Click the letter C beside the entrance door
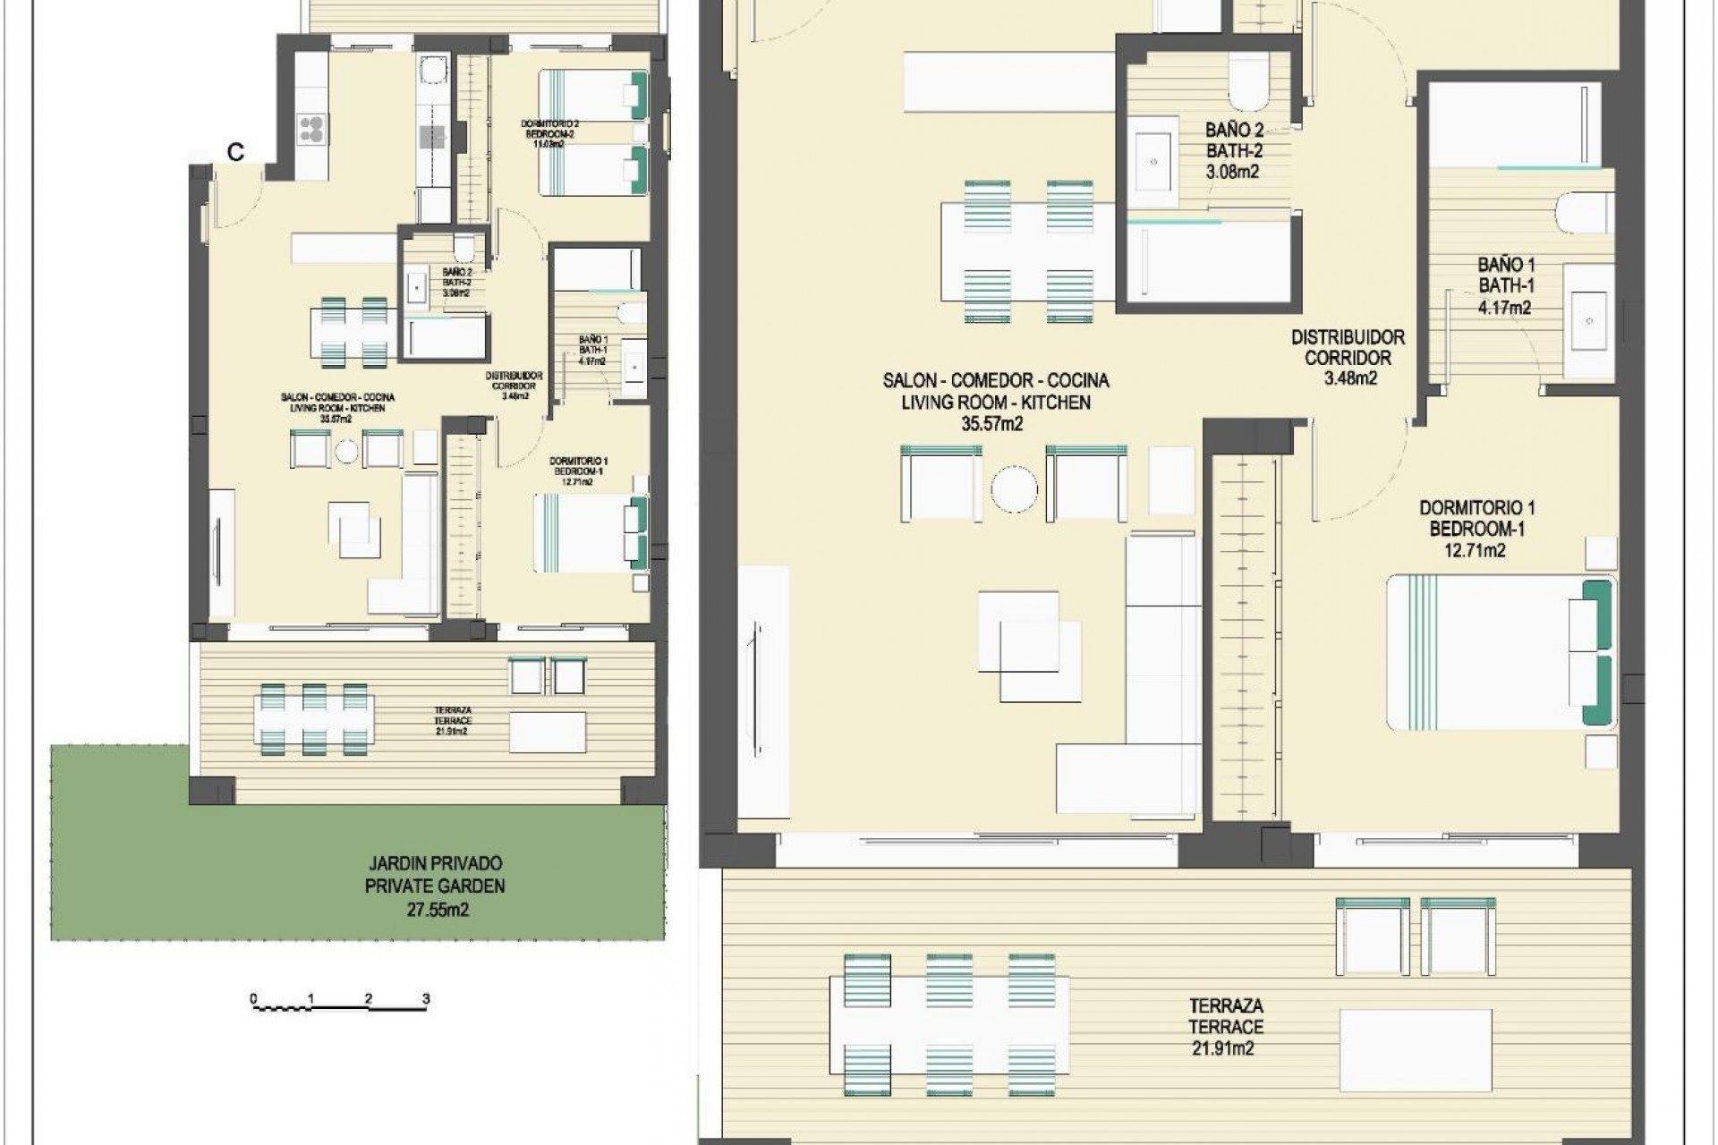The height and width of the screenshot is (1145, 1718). [235, 153]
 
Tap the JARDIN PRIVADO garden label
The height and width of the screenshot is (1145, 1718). [435, 864]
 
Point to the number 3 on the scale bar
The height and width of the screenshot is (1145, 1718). [426, 999]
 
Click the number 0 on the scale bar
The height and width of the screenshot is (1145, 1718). [253, 999]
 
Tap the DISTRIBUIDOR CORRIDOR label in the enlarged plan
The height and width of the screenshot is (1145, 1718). [1348, 348]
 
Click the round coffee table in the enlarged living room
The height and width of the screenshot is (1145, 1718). [1014, 489]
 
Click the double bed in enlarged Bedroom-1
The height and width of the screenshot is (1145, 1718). [1485, 652]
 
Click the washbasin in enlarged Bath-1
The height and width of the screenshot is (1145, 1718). [1588, 319]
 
